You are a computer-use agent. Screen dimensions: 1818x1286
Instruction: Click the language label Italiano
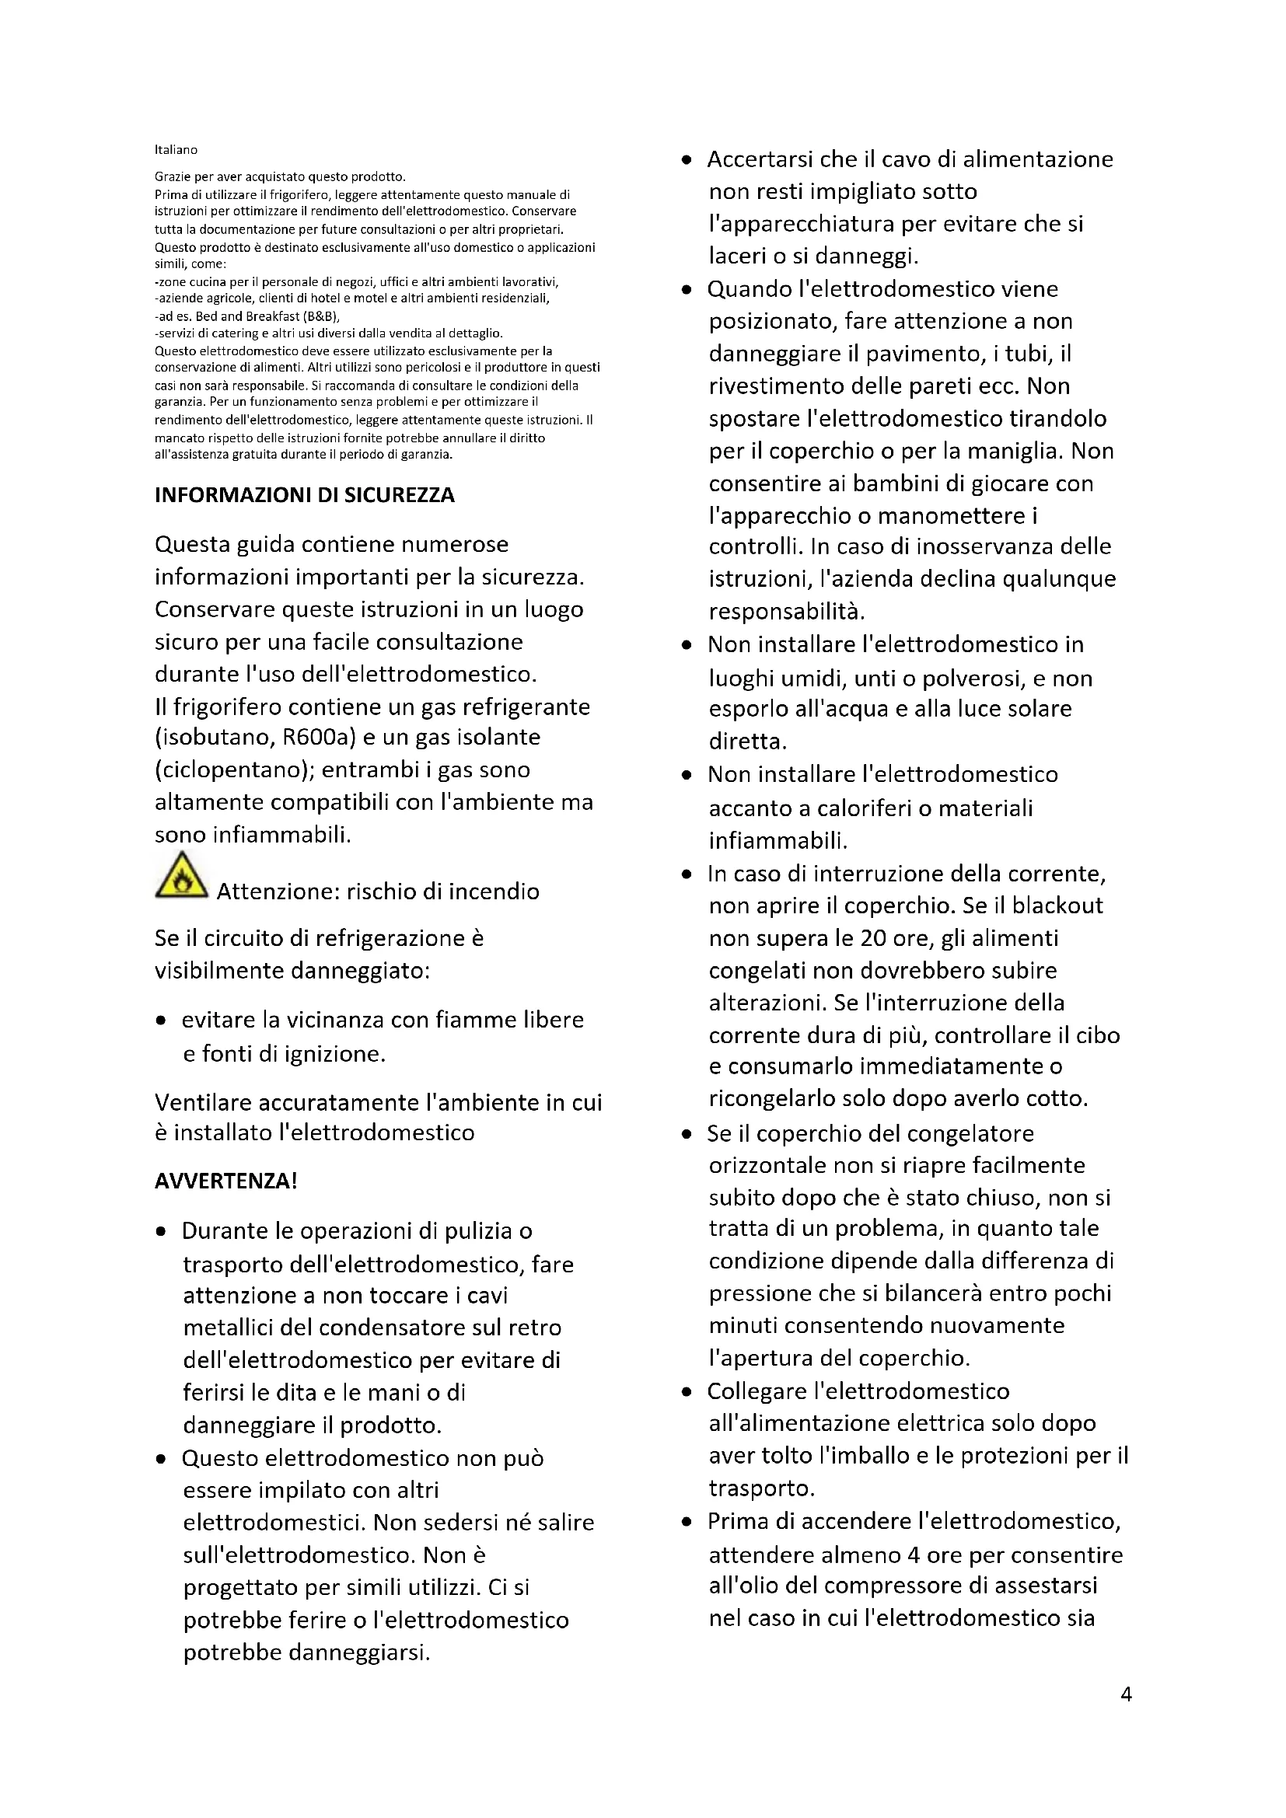(x=176, y=150)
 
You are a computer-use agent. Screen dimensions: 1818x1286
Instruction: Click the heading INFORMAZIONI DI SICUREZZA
(x=304, y=495)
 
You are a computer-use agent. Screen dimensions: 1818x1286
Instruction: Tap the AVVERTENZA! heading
(x=225, y=1181)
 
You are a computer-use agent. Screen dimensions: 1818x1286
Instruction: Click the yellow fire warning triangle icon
(x=181, y=876)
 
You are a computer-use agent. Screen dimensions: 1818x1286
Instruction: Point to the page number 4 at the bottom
(x=1126, y=1694)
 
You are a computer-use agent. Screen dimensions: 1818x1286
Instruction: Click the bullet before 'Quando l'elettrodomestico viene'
(x=687, y=290)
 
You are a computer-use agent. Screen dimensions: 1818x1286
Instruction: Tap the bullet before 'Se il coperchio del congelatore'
(x=687, y=1134)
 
